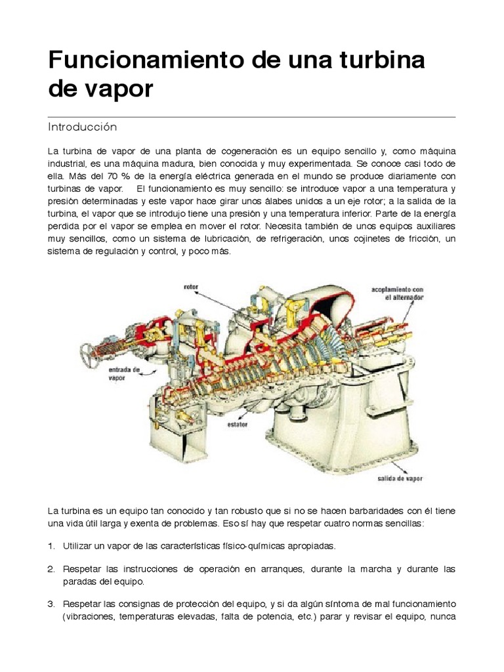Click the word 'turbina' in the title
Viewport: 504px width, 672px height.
point(374,60)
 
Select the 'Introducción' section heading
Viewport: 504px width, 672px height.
point(82,126)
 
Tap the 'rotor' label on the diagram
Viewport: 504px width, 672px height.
point(192,287)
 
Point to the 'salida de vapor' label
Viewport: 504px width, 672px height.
point(400,478)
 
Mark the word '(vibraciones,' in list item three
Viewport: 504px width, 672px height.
point(90,617)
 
